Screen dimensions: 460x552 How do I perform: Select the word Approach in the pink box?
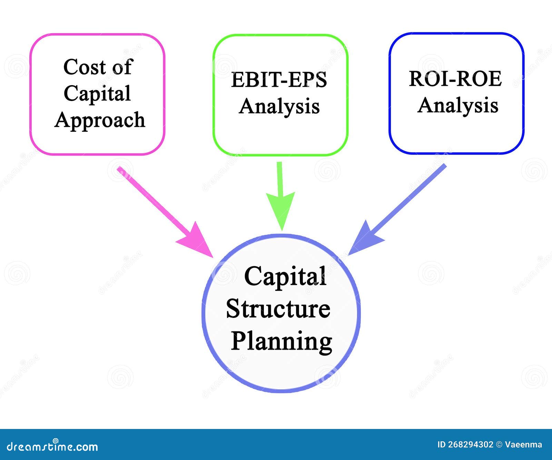click(x=100, y=120)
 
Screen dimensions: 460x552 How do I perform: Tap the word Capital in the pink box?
click(x=97, y=93)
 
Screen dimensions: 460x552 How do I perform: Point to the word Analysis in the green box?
click(x=279, y=106)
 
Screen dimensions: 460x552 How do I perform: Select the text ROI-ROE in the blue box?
click(x=455, y=79)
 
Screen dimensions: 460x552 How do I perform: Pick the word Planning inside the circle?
click(x=281, y=341)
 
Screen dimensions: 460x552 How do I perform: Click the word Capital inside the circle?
click(x=285, y=277)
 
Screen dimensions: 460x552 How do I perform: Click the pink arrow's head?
click(x=197, y=240)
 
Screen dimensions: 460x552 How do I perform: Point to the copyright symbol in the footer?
click(x=499, y=444)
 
